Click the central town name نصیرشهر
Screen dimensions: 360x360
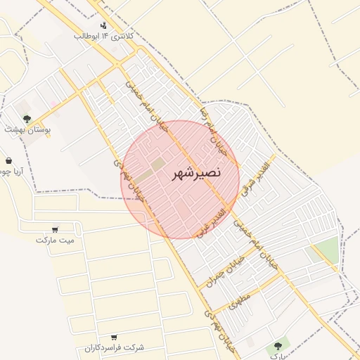point(196,172)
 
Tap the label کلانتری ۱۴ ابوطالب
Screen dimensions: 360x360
point(105,35)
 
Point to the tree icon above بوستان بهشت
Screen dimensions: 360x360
point(27,119)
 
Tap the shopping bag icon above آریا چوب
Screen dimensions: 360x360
point(8,161)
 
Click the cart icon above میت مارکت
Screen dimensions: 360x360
point(56,229)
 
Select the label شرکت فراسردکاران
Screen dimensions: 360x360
point(114,347)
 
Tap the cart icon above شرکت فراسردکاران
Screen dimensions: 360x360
point(114,337)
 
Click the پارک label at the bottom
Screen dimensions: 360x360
point(277,356)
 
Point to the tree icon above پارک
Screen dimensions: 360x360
point(278,346)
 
